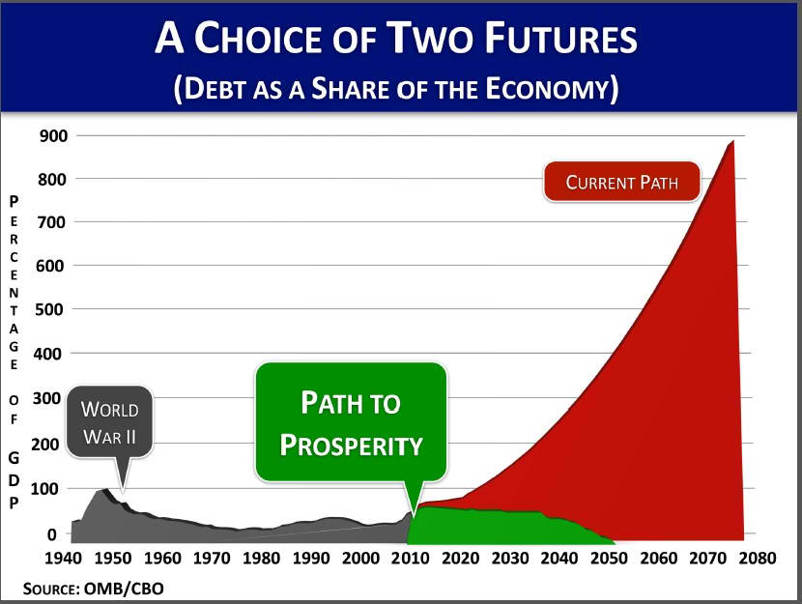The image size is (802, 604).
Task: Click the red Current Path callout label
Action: click(x=621, y=182)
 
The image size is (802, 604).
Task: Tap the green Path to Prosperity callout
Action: click(x=351, y=422)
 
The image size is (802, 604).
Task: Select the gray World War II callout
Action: click(x=109, y=422)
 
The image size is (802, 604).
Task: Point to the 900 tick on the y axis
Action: click(x=53, y=136)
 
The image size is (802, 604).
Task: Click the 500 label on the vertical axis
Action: click(x=49, y=309)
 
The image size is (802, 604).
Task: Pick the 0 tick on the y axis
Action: click(x=51, y=534)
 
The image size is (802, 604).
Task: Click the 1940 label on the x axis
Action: click(x=63, y=558)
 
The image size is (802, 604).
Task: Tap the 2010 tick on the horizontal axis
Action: click(x=411, y=558)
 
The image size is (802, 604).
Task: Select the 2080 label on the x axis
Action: click(x=758, y=558)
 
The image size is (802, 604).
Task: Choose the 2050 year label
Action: click(x=609, y=558)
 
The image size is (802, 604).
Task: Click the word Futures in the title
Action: click(x=561, y=38)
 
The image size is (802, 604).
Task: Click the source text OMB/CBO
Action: click(x=124, y=589)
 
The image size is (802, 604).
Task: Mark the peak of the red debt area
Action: click(x=733, y=140)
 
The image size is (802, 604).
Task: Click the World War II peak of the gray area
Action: click(x=105, y=489)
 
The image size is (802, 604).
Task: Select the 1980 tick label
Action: click(x=261, y=558)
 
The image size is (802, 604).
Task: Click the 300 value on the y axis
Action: click(x=47, y=398)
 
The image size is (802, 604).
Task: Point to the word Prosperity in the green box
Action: click(x=351, y=445)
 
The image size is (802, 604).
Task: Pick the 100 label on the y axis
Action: click(x=45, y=489)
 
